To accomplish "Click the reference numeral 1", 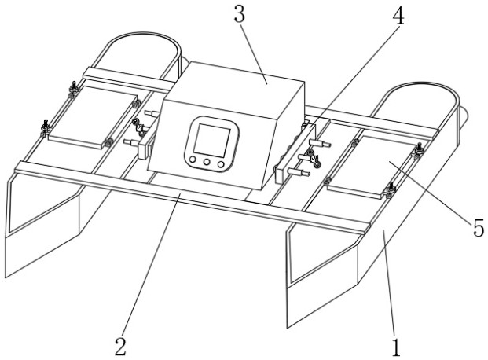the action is [395, 347].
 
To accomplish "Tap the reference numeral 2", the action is [120, 347].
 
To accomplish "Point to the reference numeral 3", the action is [240, 15].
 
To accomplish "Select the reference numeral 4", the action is [398, 16].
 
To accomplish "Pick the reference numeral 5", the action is [479, 227].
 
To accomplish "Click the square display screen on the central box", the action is [211, 140].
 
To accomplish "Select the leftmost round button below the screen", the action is [193, 160].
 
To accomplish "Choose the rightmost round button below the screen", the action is [221, 164].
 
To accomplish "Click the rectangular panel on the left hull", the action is [93, 117].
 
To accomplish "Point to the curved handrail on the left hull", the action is [141, 34].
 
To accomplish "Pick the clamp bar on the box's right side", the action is [295, 153].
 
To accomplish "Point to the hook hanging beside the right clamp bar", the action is [314, 159].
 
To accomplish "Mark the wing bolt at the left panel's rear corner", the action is [74, 89].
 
